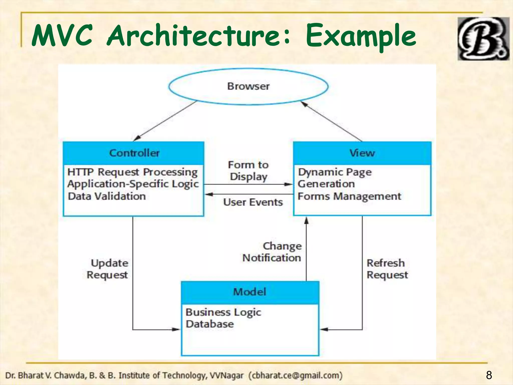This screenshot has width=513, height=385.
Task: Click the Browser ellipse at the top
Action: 248,86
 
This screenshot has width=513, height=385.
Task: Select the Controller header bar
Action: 134,153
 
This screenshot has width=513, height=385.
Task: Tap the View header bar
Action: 362,153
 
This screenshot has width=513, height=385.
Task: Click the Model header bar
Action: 250,292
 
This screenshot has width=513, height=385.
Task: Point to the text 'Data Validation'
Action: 107,196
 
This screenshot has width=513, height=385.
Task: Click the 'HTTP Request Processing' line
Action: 133,172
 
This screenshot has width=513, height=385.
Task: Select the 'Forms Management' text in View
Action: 349,196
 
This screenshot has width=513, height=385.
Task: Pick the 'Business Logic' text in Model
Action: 223,312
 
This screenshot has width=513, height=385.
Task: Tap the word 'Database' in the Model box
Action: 210,324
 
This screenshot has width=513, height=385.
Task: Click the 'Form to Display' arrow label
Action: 248,171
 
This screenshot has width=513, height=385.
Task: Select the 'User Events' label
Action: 253,202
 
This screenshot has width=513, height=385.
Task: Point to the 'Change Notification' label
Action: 272,252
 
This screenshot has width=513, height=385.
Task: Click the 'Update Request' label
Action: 108,269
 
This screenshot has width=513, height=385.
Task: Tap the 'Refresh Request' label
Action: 387,269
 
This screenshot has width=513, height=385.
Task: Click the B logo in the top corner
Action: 483,39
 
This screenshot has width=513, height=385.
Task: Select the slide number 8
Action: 489,375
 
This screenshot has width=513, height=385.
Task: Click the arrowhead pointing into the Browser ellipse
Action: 304,103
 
